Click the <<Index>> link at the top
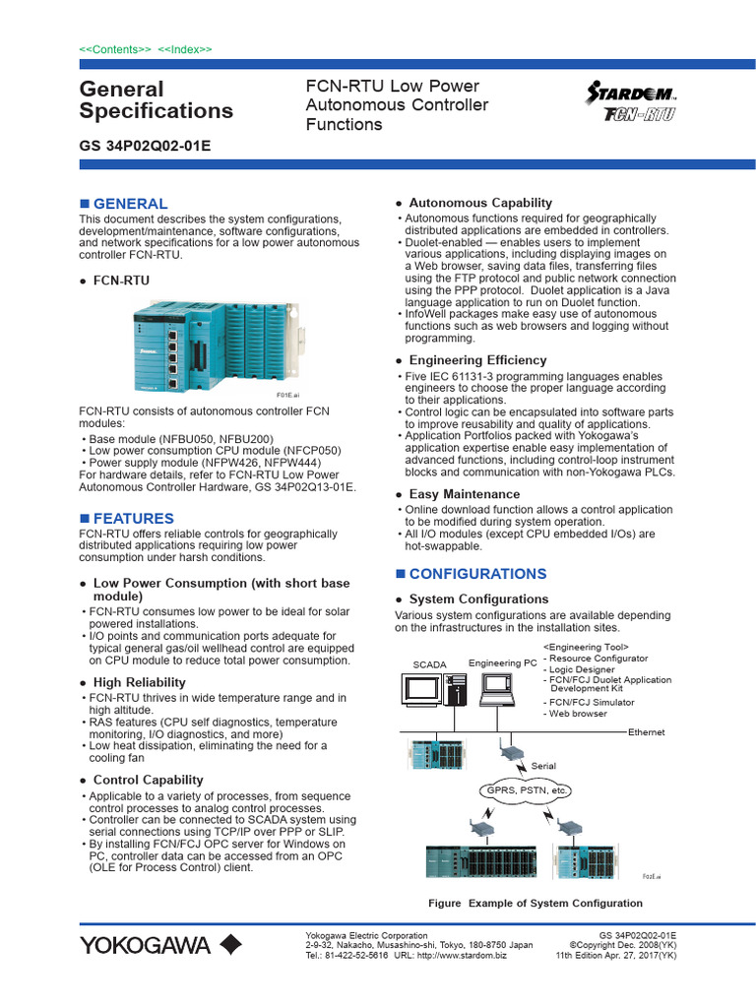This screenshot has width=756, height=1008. coord(185,48)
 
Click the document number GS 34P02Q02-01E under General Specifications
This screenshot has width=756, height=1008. coord(145,146)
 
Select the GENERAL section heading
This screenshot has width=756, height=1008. coord(130,204)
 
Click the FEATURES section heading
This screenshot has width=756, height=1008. coord(133,519)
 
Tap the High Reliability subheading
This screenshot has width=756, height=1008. coord(139,682)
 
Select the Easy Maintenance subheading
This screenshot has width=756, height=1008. coord(464,494)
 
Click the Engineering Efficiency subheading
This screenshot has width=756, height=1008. coord(477,360)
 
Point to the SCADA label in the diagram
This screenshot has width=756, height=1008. coord(429,665)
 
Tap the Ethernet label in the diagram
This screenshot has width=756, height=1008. coord(647,732)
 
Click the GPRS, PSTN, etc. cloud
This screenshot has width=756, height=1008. coord(525,790)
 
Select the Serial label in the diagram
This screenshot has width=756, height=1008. coord(543,765)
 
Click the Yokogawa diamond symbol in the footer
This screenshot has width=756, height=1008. coord(230,946)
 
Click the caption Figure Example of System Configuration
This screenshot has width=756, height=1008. coord(535,903)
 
